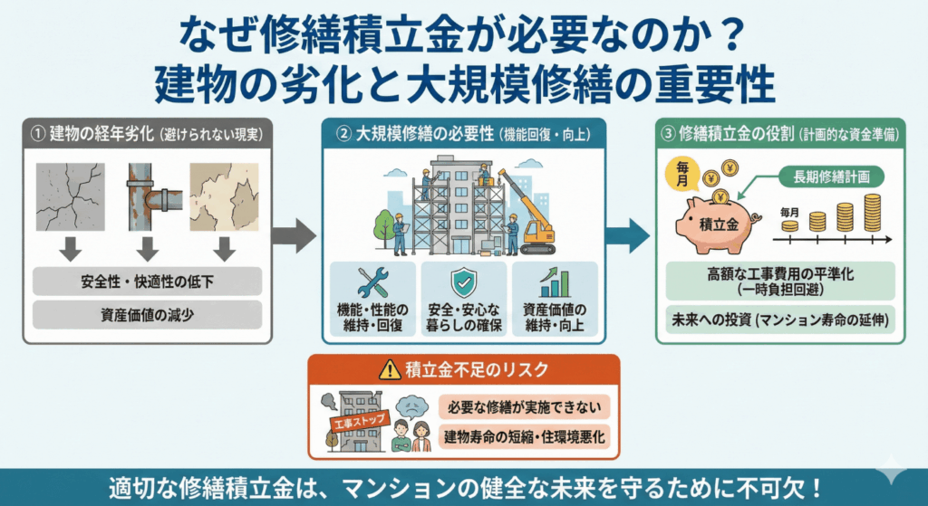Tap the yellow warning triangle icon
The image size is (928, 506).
[389, 369]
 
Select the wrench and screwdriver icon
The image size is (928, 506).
[372, 283]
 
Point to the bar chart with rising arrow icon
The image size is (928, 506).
[555, 282]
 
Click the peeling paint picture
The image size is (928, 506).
[224, 196]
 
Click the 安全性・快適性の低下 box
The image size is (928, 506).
[147, 280]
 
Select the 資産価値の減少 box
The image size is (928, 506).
[147, 314]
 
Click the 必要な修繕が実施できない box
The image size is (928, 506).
[524, 406]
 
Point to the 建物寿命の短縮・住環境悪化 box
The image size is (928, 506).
[524, 438]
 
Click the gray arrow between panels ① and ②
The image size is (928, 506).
[294, 237]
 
